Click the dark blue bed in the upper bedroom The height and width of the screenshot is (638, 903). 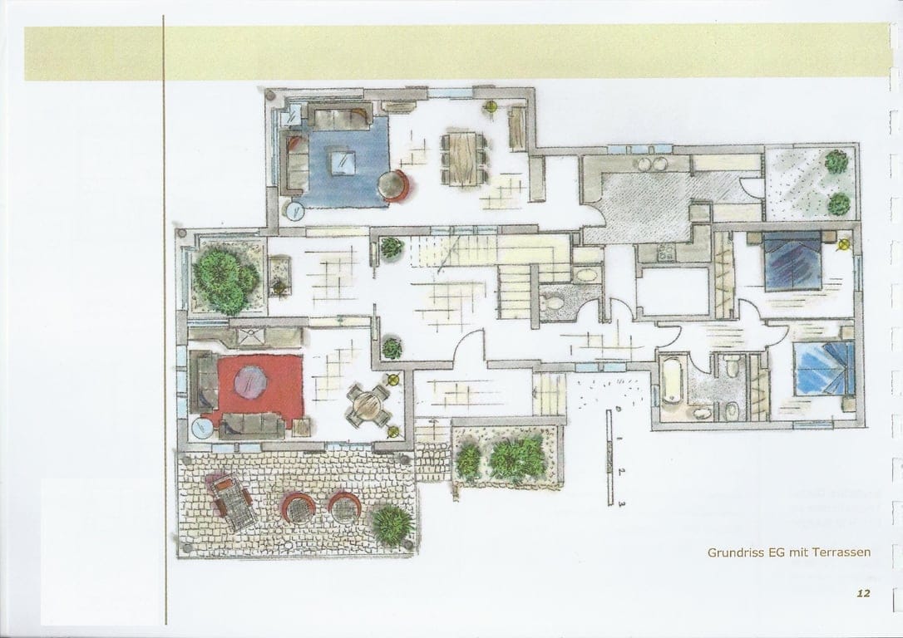pos(792,261)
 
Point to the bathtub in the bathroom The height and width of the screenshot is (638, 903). pos(672,380)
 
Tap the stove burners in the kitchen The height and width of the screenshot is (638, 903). pos(665,254)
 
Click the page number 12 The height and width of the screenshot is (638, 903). pos(862,593)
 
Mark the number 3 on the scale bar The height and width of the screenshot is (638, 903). pos(620,501)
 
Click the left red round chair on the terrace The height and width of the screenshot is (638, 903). pos(298,506)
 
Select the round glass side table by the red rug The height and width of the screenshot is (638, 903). pos(203,428)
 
